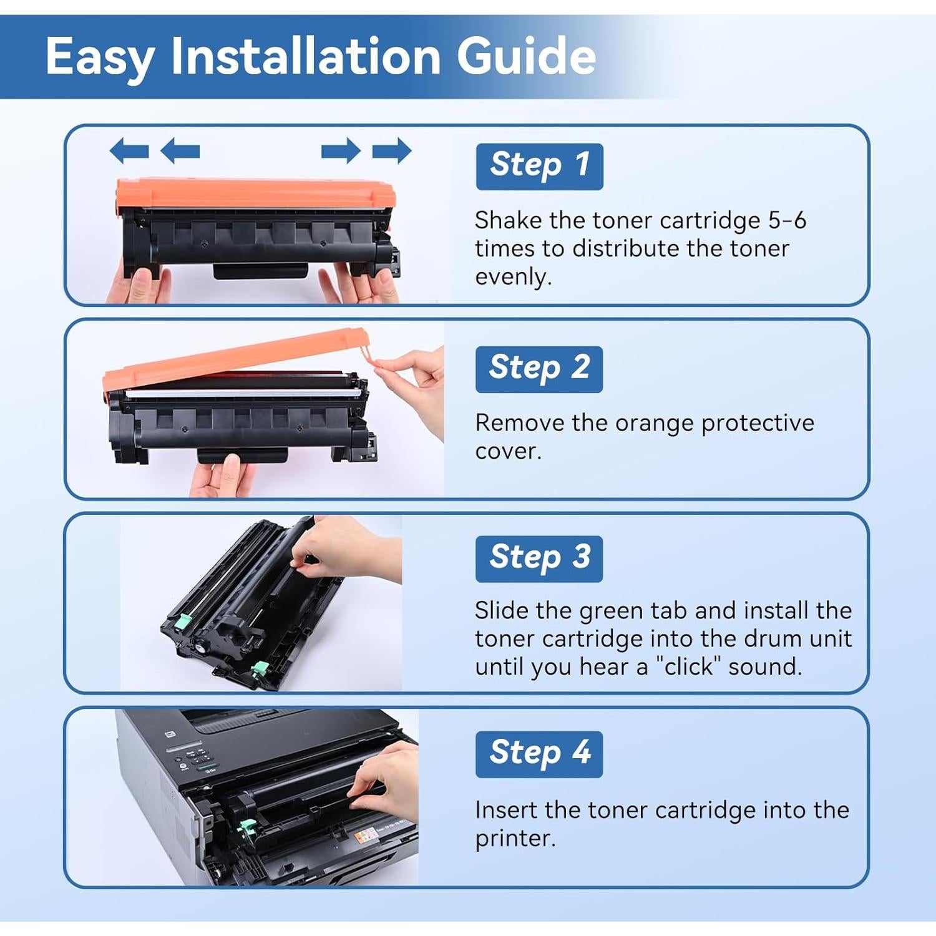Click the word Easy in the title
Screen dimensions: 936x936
[100, 57]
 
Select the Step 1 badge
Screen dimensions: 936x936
[539, 166]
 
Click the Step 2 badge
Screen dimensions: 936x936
[539, 369]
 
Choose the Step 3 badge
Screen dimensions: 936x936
[539, 558]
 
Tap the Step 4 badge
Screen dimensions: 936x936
[539, 754]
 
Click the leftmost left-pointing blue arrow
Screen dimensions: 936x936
[129, 151]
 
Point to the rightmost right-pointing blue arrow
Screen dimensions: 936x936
[392, 151]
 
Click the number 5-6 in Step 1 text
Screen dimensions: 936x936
[787, 220]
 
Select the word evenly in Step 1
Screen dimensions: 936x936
[513, 276]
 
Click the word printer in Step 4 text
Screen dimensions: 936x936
[514, 838]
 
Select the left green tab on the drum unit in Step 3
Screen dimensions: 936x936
[183, 621]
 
